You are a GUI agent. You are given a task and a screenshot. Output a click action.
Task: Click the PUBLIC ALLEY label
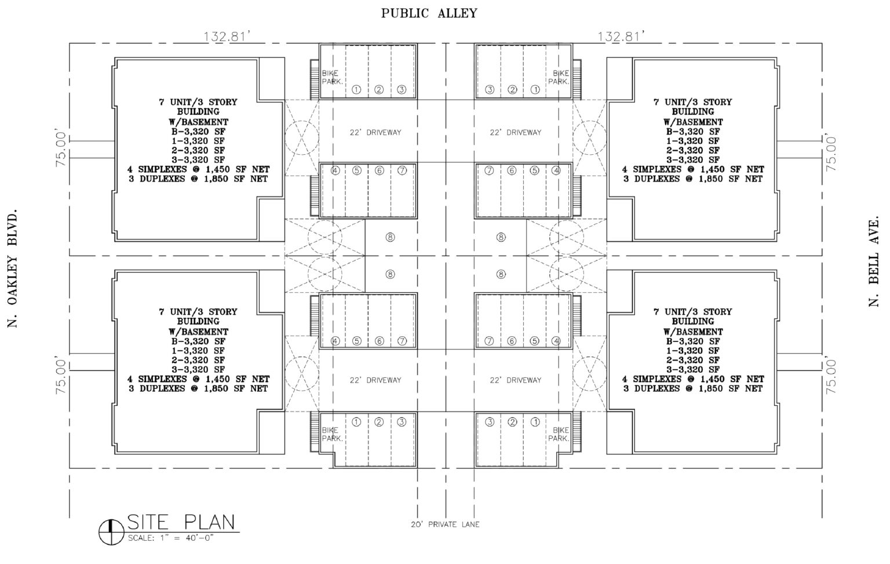(x=429, y=13)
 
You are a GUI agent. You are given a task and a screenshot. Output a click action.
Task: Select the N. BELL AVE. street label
(x=874, y=263)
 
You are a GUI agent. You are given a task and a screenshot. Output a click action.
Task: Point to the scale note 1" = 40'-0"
(x=171, y=538)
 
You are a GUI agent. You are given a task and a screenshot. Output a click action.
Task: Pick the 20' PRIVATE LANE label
(x=444, y=525)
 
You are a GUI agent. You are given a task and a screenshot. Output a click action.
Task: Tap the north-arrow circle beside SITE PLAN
(x=110, y=530)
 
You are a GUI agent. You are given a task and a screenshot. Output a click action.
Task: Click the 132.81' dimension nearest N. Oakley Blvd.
(x=227, y=37)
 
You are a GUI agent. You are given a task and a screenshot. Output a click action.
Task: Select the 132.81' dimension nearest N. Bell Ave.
(x=622, y=37)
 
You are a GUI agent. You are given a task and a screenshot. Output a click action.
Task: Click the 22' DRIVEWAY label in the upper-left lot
(x=375, y=132)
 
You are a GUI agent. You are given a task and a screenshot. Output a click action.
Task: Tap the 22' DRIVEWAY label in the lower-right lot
(x=515, y=380)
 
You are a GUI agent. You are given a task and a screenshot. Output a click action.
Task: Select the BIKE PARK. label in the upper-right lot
(x=560, y=78)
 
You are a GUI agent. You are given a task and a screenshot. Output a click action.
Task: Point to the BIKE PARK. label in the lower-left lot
(x=332, y=435)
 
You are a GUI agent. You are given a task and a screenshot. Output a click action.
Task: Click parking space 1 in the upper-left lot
(x=356, y=90)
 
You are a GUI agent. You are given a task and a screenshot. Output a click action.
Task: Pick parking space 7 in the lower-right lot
(x=490, y=341)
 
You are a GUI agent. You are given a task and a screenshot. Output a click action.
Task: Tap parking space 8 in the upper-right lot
(x=501, y=237)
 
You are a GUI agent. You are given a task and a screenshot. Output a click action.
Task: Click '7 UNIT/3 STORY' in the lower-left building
(x=198, y=312)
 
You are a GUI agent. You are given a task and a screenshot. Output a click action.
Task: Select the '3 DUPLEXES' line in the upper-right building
(x=692, y=179)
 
